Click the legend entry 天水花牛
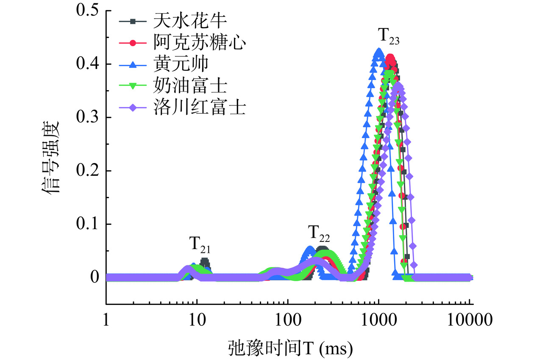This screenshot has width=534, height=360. coord(181,20)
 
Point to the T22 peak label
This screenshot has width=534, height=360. coord(319,233)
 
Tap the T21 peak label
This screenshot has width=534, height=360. coord(200,244)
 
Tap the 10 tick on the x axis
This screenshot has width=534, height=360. coord(196,319)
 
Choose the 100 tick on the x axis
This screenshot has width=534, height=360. coord(287,319)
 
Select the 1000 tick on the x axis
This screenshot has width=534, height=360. coord(378,319)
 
